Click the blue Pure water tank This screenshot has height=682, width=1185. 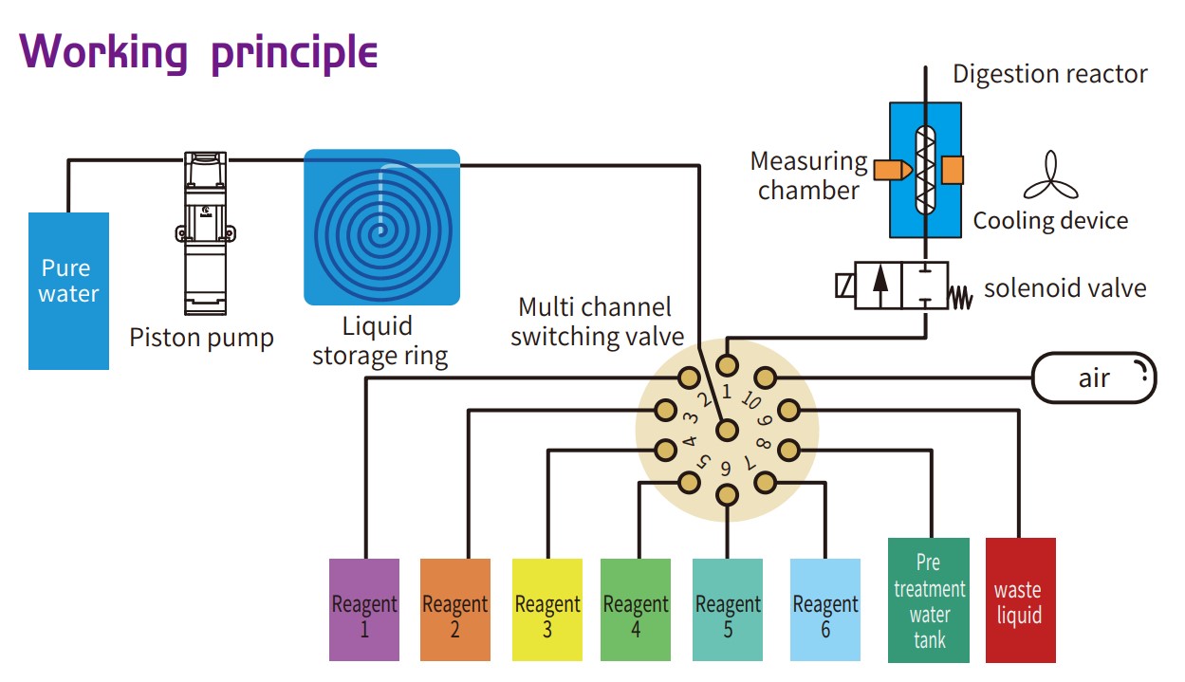click(68, 290)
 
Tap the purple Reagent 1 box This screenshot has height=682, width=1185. click(364, 609)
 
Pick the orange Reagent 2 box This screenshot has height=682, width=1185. click(454, 609)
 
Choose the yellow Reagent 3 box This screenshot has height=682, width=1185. click(546, 609)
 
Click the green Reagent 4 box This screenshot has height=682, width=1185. click(636, 609)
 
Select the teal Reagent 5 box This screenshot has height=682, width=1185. click(728, 609)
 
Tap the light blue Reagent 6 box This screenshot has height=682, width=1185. click(824, 609)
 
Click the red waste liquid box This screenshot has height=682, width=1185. click(1020, 599)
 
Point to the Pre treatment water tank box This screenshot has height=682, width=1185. click(929, 599)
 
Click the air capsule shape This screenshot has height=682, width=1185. click(1094, 378)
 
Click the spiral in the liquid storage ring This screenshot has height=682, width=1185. click(380, 227)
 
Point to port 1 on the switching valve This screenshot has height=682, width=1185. click(727, 365)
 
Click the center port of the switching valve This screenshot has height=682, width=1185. click(727, 430)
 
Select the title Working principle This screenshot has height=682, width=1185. click(199, 52)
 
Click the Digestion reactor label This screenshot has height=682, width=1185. click(1049, 74)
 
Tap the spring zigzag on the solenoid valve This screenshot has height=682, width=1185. click(960, 297)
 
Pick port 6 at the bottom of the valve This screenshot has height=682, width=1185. click(727, 495)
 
